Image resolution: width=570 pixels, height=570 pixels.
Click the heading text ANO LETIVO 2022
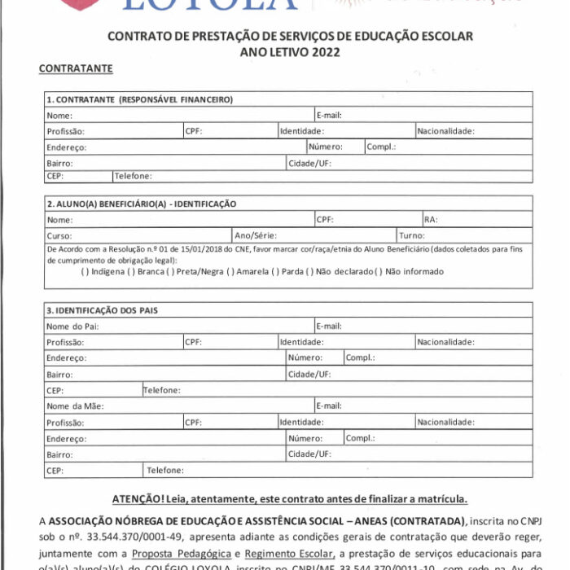[x=290, y=51]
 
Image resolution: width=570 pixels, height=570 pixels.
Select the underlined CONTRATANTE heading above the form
[x=76, y=68]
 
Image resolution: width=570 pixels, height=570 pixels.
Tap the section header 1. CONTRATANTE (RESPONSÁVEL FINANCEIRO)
[x=139, y=99]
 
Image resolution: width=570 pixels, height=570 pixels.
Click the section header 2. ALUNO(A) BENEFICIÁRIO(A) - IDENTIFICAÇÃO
[x=141, y=204]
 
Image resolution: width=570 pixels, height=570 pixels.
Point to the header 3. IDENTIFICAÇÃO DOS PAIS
[x=102, y=310]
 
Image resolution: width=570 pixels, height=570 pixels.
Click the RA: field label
[x=432, y=220]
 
